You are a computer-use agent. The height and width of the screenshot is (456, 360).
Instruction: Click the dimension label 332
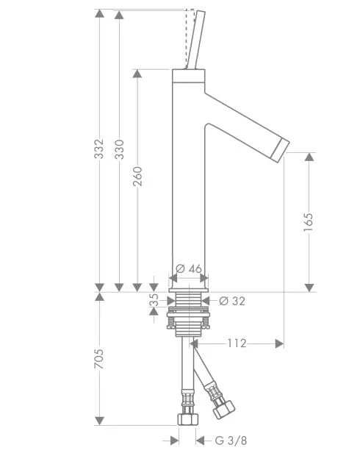pos(99,149)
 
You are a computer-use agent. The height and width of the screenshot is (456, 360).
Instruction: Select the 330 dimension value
pos(120,149)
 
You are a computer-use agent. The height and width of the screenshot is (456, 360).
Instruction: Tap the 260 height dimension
pos(137,176)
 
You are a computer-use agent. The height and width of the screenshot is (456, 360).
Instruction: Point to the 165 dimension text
pos(309,222)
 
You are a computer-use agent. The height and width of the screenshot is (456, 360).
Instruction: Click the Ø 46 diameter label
pos(189,268)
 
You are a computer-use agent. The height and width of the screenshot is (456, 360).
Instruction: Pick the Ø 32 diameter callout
pos(232,301)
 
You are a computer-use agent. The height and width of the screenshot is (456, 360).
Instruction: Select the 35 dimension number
pos(154,300)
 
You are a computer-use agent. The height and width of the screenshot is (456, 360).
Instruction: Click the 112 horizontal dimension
pos(237,343)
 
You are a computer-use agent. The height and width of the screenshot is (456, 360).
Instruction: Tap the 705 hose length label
pos(99,359)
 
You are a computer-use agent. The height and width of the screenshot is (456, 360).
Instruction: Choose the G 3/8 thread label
pos(231,441)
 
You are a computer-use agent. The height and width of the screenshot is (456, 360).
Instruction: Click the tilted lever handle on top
pos(195,40)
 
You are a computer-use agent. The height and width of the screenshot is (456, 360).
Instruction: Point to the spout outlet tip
pos(280,150)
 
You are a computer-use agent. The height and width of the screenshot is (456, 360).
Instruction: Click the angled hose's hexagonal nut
pos(223,409)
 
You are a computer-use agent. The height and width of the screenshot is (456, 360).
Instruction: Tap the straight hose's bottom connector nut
pos(188,419)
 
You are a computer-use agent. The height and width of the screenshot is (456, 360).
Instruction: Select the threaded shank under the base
pos(189,299)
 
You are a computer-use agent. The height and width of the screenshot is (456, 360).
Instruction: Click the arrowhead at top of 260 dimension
pos(137,74)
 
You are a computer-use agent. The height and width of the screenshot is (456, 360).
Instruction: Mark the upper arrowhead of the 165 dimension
pos(309,157)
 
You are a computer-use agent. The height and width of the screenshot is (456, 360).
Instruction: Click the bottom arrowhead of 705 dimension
pos(99,421)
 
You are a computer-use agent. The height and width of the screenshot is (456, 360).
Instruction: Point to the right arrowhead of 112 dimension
pos(279,343)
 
